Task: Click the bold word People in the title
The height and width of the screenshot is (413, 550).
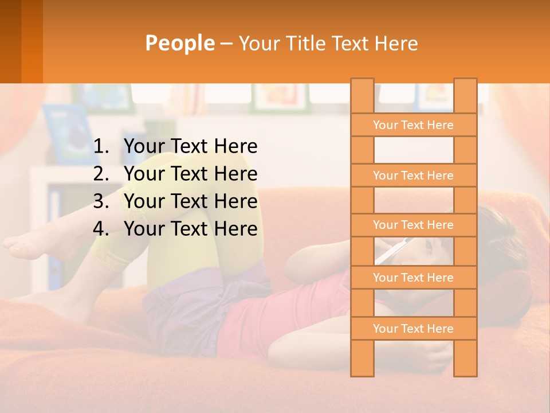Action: [x=179, y=43]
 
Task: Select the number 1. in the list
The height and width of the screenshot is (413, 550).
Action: [x=101, y=147]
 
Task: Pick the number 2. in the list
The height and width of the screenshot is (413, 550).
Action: [x=101, y=174]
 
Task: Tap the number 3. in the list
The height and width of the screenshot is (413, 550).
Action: [x=101, y=202]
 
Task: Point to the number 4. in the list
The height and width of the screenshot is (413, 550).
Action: [x=101, y=229]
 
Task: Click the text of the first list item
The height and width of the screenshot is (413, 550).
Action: [x=190, y=147]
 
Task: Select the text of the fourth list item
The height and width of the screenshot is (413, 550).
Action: [x=190, y=229]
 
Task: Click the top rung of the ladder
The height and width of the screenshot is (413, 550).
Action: [x=413, y=125]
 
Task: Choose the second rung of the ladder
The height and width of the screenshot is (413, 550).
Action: [x=413, y=176]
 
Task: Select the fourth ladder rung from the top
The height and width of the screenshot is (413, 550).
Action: [x=413, y=278]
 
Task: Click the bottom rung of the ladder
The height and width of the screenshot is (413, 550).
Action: [x=413, y=329]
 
